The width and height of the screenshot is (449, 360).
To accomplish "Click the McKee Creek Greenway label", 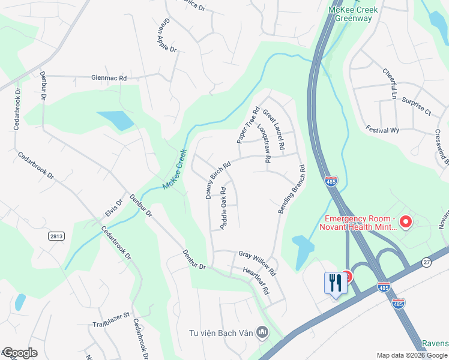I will [350, 14].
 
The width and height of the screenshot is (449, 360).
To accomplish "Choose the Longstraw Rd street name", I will [264, 144].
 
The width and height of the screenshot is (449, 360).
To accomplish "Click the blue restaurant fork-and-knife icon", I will [335, 283].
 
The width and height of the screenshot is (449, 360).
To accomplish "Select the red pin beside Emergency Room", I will [405, 223].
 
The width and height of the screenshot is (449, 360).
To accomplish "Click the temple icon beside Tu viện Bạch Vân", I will [262, 332].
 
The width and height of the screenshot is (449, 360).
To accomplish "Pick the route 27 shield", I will [426, 262].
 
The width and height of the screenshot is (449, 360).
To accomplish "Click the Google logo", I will [20, 353].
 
